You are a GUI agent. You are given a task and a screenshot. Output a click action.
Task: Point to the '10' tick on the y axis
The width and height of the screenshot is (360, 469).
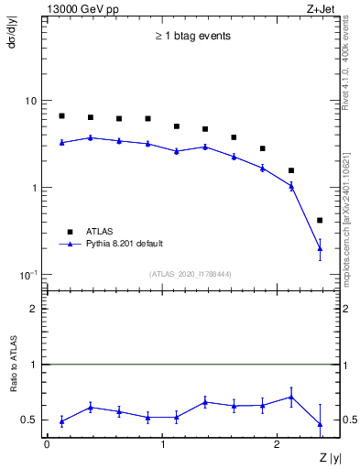point(31,101)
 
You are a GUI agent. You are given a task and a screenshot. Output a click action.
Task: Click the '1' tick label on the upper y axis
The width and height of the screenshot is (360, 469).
point(35,188)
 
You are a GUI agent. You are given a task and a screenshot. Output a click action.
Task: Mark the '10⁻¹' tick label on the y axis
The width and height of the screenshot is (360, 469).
point(29,275)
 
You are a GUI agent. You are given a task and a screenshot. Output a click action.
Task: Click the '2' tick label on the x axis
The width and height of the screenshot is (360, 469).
point(279,443)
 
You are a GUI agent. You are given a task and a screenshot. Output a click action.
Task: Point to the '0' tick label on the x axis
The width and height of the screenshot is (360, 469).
point(46,443)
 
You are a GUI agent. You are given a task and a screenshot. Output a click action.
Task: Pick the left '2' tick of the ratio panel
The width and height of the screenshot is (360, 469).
point(35,309)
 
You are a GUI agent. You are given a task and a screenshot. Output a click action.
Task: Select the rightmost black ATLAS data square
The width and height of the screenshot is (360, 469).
point(320,220)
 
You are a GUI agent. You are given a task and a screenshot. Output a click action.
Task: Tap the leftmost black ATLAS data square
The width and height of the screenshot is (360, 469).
point(61,116)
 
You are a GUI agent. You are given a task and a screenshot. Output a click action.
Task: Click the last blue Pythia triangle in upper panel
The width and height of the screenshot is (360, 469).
point(320,248)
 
